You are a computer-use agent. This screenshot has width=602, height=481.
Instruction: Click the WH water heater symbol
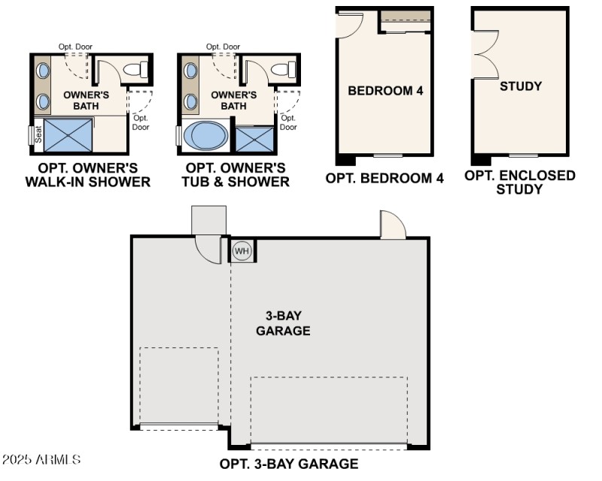coord(242,251)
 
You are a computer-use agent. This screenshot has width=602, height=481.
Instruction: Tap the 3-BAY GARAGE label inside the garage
coord(283,323)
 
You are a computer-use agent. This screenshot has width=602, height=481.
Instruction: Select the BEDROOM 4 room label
coord(385,91)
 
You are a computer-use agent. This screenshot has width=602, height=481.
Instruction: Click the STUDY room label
coord(521,86)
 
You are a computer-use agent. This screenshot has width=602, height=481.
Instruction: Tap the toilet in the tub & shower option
coord(281,71)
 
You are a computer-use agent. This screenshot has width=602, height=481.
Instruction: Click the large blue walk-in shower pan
coord(68,135)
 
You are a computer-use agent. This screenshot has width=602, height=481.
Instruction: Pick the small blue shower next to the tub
coord(255,140)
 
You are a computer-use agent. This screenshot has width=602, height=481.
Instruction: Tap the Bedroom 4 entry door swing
coord(348,25)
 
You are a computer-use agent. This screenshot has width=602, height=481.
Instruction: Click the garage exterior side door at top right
coord(393,225)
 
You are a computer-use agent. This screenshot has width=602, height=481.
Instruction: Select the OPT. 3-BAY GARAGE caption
coord(288,464)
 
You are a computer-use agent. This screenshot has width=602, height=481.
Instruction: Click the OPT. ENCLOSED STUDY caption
coord(520,182)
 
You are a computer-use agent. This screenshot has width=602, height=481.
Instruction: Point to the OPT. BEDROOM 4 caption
coord(385,178)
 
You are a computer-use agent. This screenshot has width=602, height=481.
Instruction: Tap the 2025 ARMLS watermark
coord(41,458)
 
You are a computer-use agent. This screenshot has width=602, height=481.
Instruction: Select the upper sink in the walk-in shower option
coord(43,71)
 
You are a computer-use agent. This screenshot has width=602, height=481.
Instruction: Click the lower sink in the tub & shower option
coord(190,102)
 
